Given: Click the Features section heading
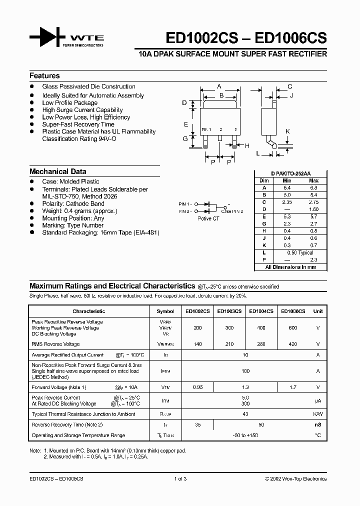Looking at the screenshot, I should coord(44,76).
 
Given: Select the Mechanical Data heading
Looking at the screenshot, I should coord(57,171).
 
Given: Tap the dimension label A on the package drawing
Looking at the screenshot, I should coord(219,86).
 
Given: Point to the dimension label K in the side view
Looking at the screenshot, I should coord(287,131).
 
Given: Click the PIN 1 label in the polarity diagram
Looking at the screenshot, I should coord(184,204).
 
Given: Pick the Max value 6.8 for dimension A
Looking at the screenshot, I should coord(313,187).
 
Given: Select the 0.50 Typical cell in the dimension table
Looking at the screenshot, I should coord(299,253).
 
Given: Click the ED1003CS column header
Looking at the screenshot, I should coord(229,311).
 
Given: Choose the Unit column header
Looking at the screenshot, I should coord(318,311).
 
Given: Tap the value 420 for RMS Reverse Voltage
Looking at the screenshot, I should coord(292,344).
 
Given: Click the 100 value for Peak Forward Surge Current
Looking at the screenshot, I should coord(245,371).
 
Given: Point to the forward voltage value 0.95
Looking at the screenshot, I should coord(197,387).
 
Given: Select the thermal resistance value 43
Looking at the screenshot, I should coord(245,414).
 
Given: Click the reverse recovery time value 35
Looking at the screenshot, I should coord(197,424).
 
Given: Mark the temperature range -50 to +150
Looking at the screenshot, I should coord(245,435).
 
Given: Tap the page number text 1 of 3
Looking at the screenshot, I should coord(179,478).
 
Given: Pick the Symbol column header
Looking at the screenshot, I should coord(165,311).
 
